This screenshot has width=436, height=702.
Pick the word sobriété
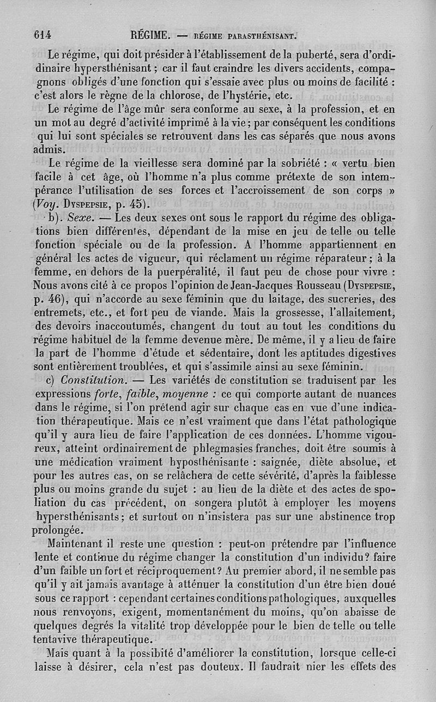coord(305,164)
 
